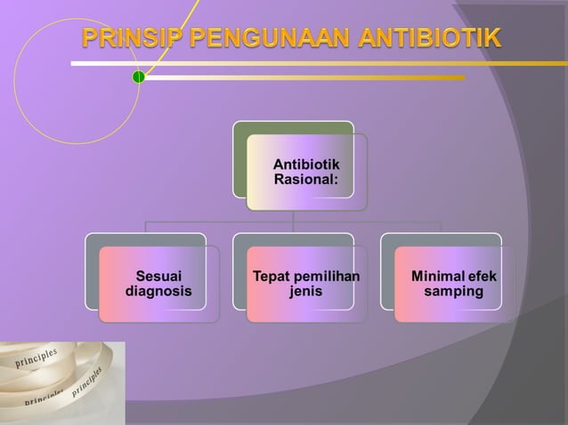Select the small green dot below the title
(139, 77)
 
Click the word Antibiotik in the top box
(306, 164)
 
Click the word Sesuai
(158, 277)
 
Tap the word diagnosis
(158, 291)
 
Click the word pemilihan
(326, 277)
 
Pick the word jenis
(306, 291)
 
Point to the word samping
(454, 291)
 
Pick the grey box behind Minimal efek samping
(387, 267)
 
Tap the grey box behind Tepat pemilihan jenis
(239, 267)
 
